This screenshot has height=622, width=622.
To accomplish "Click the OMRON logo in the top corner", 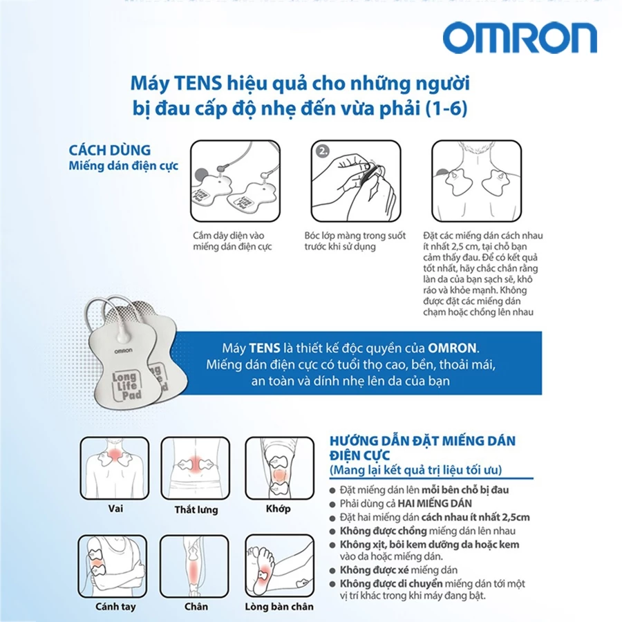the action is [520, 38].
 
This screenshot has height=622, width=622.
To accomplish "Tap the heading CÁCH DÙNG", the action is [110, 150].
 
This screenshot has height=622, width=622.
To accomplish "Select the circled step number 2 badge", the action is [323, 151].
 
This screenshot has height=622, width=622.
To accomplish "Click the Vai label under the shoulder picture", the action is [115, 508].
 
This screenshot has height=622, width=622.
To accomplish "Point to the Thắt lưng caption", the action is [196, 509].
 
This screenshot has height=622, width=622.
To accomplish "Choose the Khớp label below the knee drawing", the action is [278, 509].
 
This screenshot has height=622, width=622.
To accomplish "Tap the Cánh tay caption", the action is [115, 607].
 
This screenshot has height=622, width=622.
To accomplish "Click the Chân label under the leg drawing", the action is [196, 607].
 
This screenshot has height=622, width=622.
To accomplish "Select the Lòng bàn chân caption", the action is [279, 607].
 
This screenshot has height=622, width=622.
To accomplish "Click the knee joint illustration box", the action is [280, 469].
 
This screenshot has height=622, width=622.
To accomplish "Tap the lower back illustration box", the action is [196, 469].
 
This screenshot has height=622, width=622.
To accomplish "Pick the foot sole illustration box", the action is [280, 566].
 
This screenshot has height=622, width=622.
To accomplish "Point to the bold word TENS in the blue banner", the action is [265, 348].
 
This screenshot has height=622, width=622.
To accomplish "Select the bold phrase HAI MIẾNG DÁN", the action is [435, 503].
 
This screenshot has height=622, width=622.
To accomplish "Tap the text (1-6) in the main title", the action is [446, 109].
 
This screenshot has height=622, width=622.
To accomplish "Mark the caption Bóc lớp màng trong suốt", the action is [355, 236].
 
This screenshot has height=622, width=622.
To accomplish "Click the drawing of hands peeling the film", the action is [356, 181].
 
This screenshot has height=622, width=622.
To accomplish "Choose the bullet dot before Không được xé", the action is [332, 571].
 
